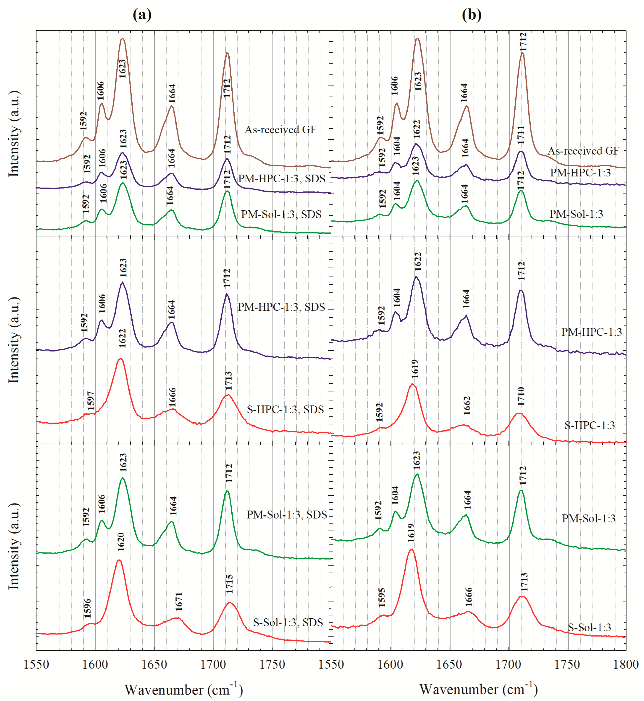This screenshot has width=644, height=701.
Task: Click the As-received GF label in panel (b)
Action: click(583, 151)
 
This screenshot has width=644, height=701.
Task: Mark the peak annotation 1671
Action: click(179, 601)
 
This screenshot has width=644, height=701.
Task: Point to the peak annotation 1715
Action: click(229, 584)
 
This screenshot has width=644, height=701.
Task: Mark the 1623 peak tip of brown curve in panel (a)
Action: click(122, 39)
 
